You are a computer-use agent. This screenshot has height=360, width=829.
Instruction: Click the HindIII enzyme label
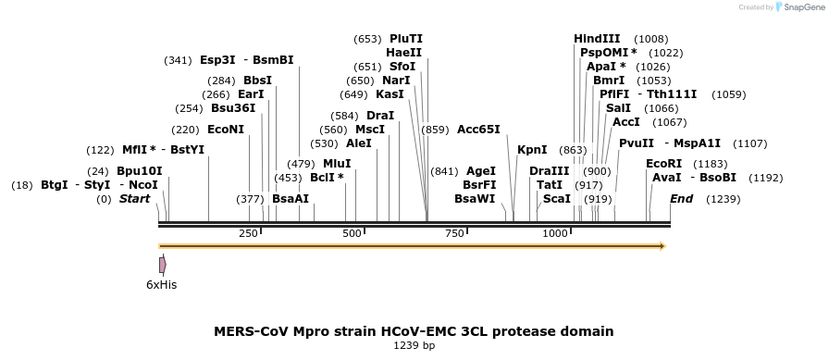click(597, 39)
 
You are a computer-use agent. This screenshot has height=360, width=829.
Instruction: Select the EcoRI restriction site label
click(664, 164)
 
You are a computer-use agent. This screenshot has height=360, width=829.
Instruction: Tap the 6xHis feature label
click(161, 285)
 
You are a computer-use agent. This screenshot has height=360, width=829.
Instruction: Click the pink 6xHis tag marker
click(163, 265)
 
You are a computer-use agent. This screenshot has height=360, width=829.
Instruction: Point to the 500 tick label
click(353, 233)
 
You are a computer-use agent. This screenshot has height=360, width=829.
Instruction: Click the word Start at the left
click(134, 199)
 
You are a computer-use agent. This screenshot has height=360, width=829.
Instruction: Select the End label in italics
click(682, 199)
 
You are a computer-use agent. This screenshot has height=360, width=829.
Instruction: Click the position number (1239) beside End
click(724, 199)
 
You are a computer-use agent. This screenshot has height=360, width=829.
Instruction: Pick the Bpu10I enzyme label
click(140, 171)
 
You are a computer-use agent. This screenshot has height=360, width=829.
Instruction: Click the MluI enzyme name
click(337, 164)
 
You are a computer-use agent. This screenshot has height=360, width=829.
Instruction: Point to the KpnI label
click(532, 150)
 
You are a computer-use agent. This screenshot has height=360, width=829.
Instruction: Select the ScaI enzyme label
click(557, 199)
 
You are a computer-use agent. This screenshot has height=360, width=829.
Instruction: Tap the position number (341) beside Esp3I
click(179, 60)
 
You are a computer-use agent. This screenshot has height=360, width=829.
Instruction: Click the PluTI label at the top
click(406, 39)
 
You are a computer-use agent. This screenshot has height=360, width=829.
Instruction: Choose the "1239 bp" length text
click(414, 346)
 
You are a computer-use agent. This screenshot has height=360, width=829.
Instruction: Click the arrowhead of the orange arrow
click(662, 246)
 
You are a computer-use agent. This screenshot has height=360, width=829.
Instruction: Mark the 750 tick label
click(454, 233)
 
